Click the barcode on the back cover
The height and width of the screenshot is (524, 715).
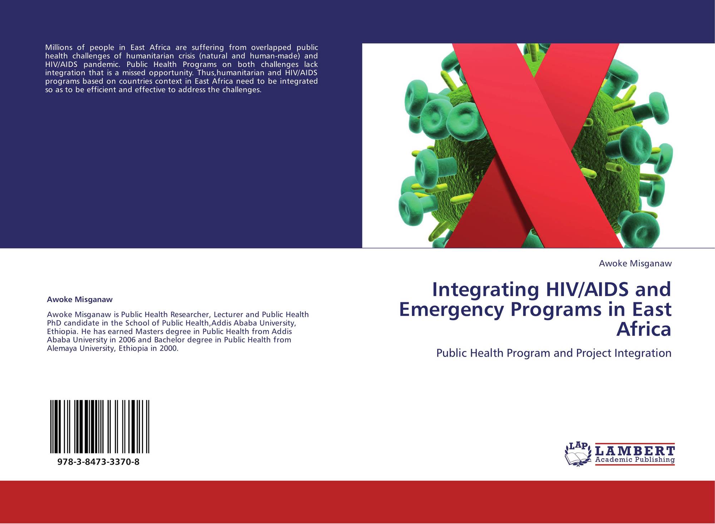(x=100, y=427)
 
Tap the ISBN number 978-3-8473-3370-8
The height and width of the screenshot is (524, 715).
(x=98, y=462)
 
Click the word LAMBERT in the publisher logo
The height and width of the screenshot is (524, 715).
(x=635, y=450)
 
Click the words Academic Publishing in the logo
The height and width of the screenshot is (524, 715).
(x=635, y=460)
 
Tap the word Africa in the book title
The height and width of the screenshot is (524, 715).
(x=644, y=329)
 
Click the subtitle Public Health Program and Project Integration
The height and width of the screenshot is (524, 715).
(x=554, y=353)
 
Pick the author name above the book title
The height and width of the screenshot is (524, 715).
(x=635, y=264)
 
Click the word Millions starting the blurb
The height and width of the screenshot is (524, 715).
(x=59, y=48)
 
